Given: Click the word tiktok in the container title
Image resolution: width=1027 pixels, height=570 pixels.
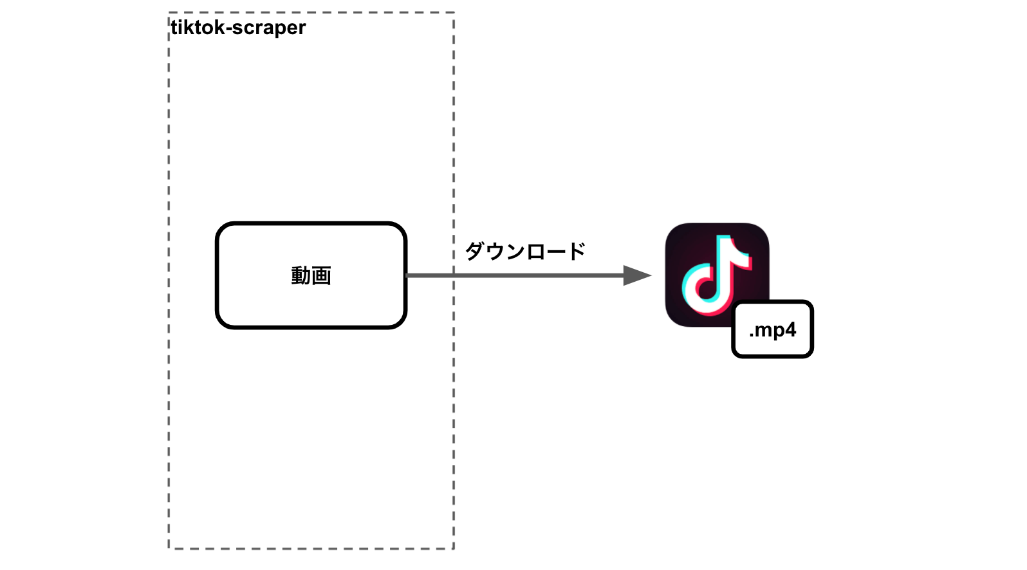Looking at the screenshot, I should tap(197, 28).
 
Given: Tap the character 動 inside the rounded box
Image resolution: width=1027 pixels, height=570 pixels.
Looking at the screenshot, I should tap(301, 276).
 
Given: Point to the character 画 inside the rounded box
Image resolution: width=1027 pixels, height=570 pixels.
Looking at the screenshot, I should tap(321, 276).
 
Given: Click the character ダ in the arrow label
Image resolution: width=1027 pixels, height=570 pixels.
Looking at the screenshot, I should tap(475, 251).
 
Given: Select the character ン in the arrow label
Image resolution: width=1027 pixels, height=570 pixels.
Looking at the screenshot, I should tap(515, 251).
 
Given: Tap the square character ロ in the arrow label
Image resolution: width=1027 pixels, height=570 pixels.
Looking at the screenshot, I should tap(535, 251).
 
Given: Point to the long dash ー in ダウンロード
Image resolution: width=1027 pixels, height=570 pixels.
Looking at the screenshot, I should tap(555, 252).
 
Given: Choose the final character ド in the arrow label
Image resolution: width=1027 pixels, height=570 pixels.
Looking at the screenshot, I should tap(575, 251).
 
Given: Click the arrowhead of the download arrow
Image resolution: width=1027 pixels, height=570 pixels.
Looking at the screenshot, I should tap(636, 275).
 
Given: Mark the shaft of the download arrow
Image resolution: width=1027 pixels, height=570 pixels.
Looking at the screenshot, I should tap(515, 275).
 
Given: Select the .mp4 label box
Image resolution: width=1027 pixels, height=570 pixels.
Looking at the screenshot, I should tap(772, 329).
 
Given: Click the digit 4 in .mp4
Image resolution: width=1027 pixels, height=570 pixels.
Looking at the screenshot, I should tap(790, 329).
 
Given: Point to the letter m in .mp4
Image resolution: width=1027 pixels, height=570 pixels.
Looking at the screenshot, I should tap(764, 331).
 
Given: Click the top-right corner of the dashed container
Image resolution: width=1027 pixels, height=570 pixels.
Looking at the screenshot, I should tap(454, 13).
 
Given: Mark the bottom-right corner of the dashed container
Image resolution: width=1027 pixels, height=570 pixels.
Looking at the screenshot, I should tap(454, 549).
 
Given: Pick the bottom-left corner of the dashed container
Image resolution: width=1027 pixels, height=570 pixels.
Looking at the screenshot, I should tap(169, 549).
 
